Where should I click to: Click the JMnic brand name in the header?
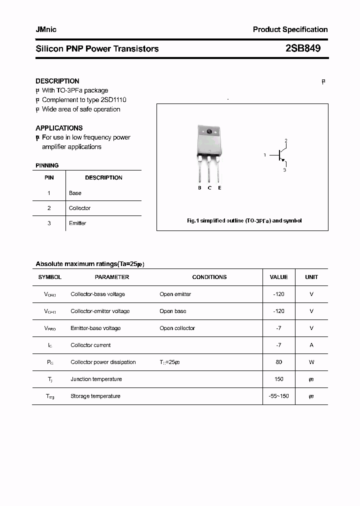pyautogui.click(x=46, y=29)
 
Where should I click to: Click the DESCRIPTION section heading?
pyautogui.click(x=57, y=81)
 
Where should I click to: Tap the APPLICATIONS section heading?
pyautogui.click(x=59, y=128)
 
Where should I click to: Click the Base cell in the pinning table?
pyautogui.click(x=75, y=193)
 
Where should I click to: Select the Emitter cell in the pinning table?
pyautogui.click(x=77, y=223)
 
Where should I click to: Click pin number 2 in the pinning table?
pyautogui.click(x=49, y=208)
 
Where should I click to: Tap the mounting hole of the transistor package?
pyautogui.click(x=209, y=132)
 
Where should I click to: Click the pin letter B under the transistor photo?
pyautogui.click(x=199, y=188)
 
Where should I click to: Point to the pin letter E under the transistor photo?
pyautogui.click(x=219, y=188)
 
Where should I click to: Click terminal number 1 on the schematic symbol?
pyautogui.click(x=264, y=155)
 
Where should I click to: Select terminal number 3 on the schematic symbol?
pyautogui.click(x=284, y=170)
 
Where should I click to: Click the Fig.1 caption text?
pyautogui.click(x=244, y=220)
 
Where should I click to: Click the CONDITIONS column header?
pyautogui.click(x=209, y=277)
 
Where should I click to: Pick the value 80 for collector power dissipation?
pyautogui.click(x=278, y=362)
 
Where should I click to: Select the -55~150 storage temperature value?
pyautogui.click(x=278, y=396)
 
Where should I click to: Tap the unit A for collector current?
pyautogui.click(x=311, y=345)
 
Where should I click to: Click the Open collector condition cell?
pyautogui.click(x=177, y=328)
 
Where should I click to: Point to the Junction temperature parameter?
pyautogui.click(x=96, y=379)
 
